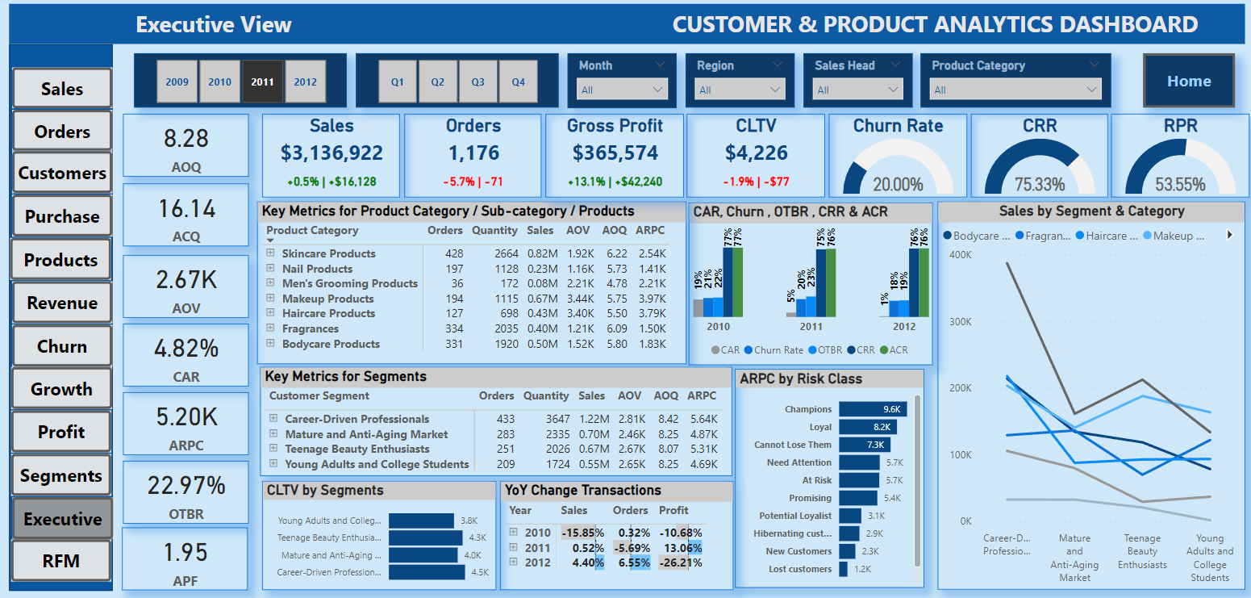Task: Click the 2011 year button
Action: (262, 82)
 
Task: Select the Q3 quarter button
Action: (477, 82)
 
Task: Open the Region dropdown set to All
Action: (740, 90)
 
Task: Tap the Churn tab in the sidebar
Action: (62, 346)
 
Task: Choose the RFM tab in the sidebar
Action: (62, 560)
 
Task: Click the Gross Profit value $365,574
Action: (615, 153)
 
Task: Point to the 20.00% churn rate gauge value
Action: (898, 184)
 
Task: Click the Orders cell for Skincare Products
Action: (453, 253)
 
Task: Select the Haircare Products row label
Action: (328, 313)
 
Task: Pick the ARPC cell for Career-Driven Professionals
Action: (702, 419)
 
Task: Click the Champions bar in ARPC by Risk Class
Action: (873, 409)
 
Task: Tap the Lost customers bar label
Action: (799, 569)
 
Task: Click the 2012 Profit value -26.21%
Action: (680, 562)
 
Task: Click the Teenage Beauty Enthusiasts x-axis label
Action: (1142, 551)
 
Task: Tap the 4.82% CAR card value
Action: (186, 348)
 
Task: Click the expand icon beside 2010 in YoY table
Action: (514, 533)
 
